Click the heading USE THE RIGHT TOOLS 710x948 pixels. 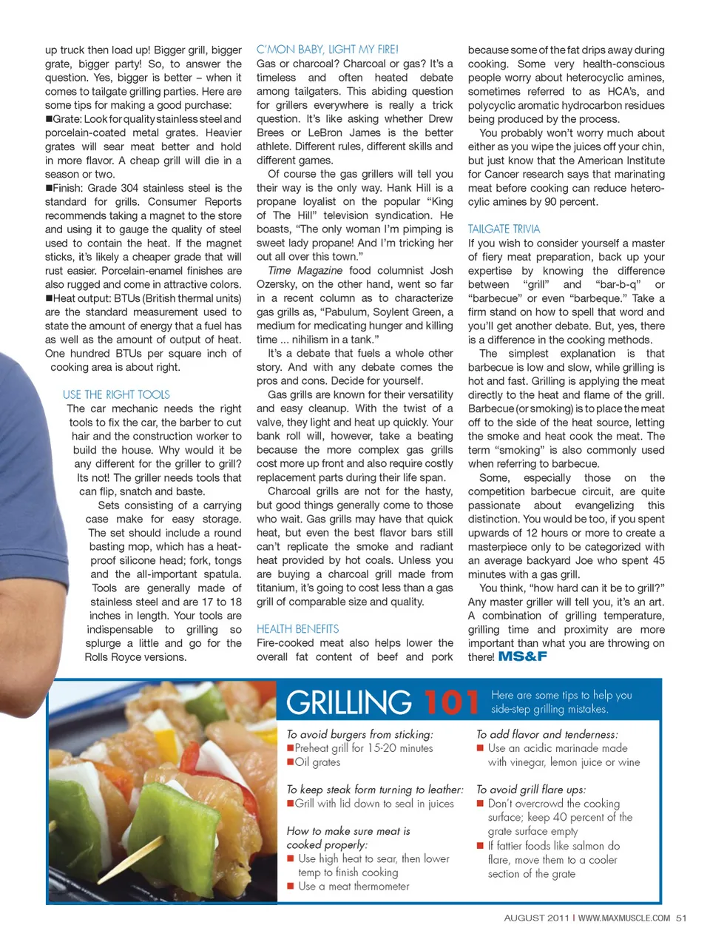(x=116, y=394)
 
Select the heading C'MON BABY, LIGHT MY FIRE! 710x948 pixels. (x=327, y=50)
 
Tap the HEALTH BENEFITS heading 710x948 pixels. (x=297, y=629)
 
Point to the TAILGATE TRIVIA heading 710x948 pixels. (x=504, y=229)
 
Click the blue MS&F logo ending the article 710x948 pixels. (x=523, y=656)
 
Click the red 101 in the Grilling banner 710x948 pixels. (x=451, y=702)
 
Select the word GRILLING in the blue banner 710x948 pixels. (x=348, y=702)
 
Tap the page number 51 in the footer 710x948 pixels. (x=681, y=918)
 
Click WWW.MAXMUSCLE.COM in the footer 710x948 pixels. (x=624, y=918)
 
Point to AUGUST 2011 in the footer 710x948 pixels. (x=536, y=918)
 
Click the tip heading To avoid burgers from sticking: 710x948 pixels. (x=360, y=734)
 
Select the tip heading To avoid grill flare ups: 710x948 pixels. (x=531, y=790)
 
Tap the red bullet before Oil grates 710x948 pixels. (x=291, y=762)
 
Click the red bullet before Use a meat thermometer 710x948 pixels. (x=291, y=887)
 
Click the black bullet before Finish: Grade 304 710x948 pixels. (x=49, y=189)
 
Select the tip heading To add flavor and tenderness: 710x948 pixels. (x=547, y=734)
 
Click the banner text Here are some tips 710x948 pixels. (x=561, y=695)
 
